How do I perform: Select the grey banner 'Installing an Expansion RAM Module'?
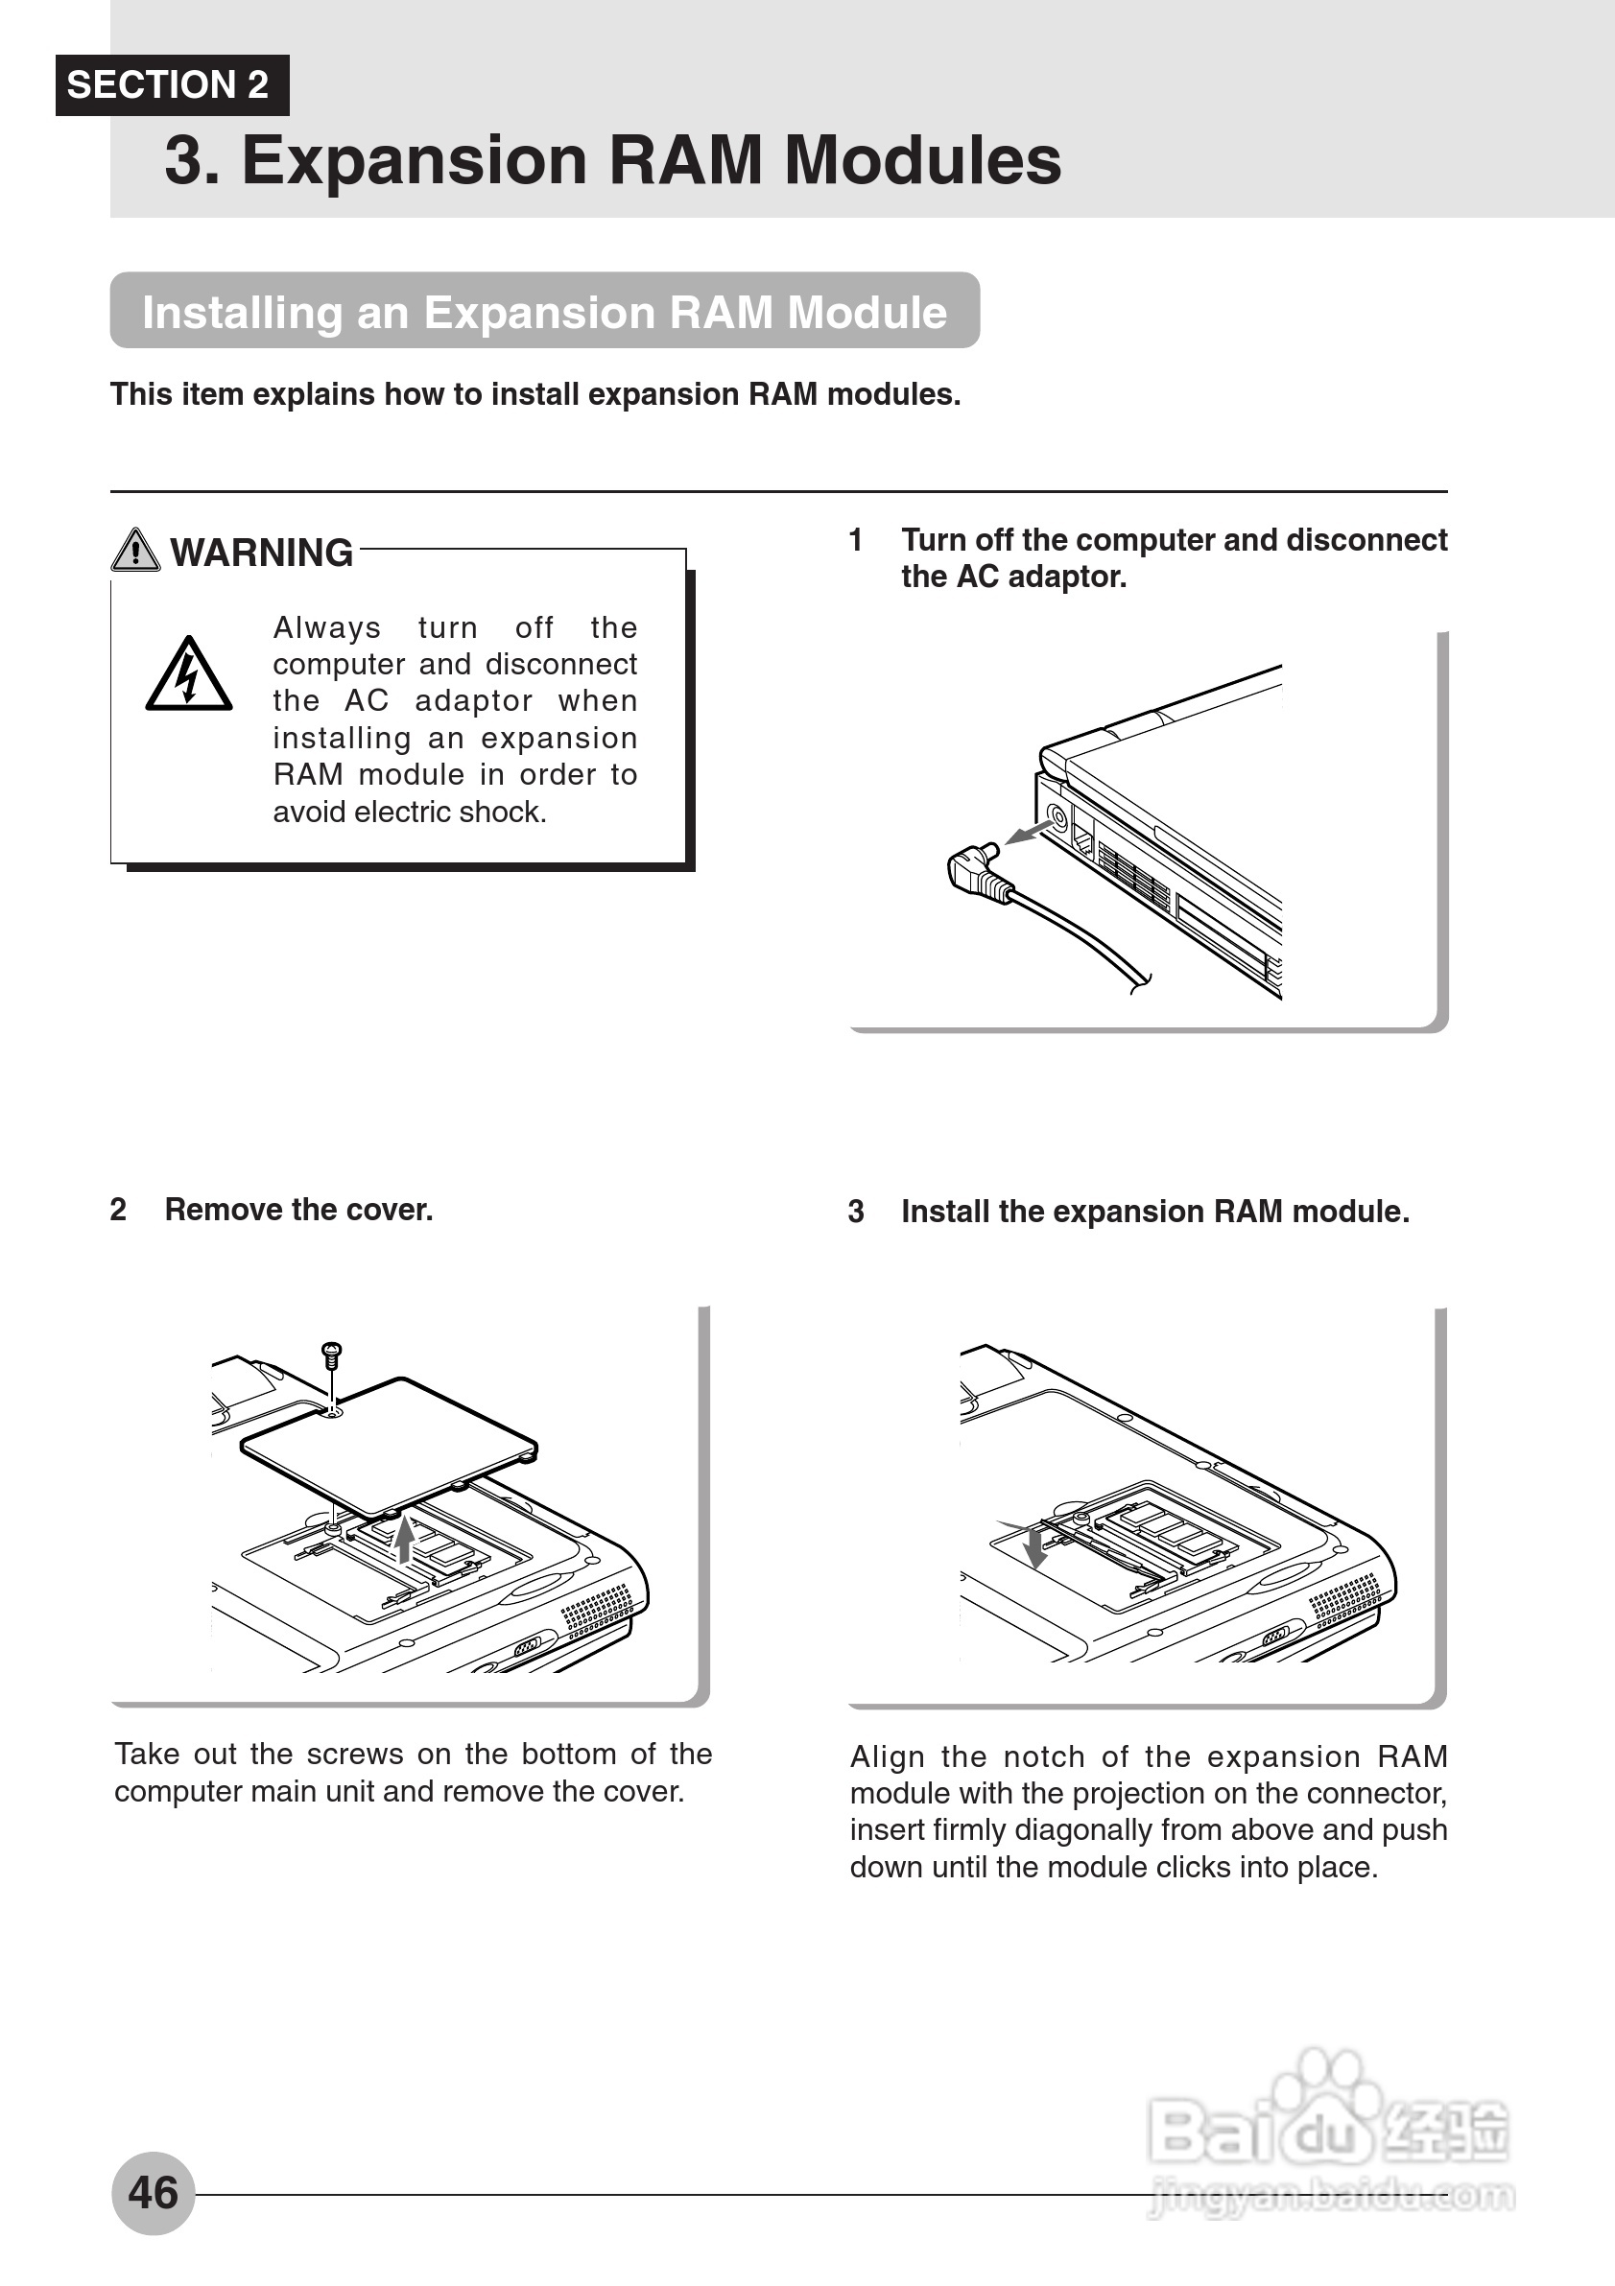pos(544,312)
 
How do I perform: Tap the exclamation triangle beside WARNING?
pos(135,550)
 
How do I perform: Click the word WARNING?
pos(262,553)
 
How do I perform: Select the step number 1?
pos(855,541)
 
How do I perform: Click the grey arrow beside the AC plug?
pos(1028,831)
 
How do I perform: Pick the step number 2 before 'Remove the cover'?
pos(118,1210)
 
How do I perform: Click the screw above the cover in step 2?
pos(332,1355)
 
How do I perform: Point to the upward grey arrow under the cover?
pos(403,1539)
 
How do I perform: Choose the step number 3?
pos(856,1212)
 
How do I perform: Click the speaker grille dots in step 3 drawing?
pos(1344,1597)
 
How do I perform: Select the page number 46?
pos(153,2193)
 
